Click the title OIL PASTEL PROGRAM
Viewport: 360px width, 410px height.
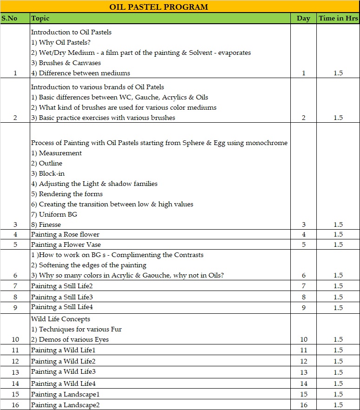[158, 7]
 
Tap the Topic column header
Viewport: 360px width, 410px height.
[40, 19]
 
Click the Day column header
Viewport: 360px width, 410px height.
[303, 19]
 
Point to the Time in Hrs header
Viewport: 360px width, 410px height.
[338, 19]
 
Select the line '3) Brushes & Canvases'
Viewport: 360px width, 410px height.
[66, 63]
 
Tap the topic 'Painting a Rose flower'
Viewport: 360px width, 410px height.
[65, 234]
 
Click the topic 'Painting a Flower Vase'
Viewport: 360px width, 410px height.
[66, 245]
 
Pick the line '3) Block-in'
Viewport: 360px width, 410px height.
[47, 173]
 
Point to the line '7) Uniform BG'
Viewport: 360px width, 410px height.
[54, 214]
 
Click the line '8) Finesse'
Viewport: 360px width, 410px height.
[46, 225]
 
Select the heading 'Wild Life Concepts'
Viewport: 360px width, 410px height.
[60, 319]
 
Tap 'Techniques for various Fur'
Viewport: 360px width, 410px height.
[77, 329]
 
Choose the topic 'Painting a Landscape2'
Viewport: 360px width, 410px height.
[65, 405]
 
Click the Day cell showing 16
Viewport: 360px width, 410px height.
[303, 405]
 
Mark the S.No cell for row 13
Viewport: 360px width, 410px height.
[15, 372]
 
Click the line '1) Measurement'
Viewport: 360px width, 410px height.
[56, 153]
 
